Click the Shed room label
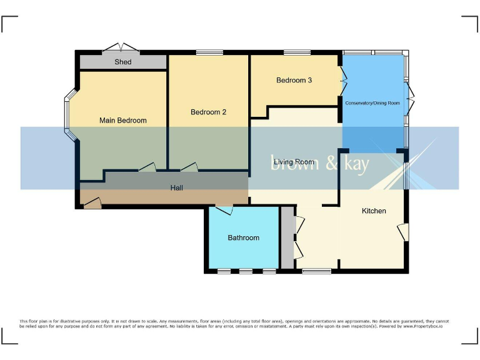coord(123,62)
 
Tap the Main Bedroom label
coord(123,121)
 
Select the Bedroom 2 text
coord(208,112)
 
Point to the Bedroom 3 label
coord(294,80)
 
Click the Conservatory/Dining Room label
coord(372,102)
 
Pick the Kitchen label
coord(374,211)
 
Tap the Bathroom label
coord(243,238)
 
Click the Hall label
coord(177,187)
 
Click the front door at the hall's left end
coord(91,202)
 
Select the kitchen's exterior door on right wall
coord(403,232)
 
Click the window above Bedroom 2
coord(205,52)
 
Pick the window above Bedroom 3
coord(292,52)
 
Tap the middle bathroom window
coord(246,271)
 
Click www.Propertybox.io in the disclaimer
coord(423,326)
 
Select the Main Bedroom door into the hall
coord(147,167)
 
